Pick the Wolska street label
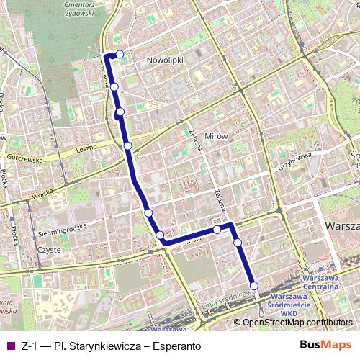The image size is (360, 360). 44,194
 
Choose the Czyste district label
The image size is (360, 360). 48,250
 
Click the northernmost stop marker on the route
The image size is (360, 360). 120,54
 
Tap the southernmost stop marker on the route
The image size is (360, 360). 254,284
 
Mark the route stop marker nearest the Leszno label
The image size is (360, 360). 127,146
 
